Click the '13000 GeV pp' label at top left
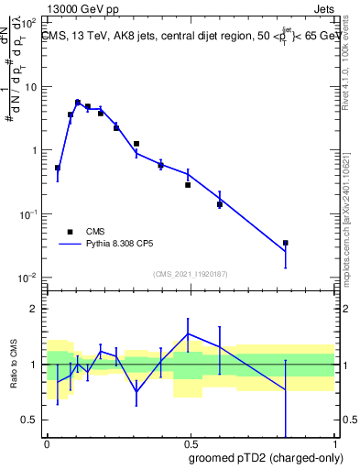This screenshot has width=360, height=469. (x=81, y=7)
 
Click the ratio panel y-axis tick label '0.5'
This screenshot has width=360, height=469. (x=29, y=420)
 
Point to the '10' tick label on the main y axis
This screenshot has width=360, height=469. (x=30, y=87)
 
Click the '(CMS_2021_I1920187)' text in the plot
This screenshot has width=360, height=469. (x=190, y=273)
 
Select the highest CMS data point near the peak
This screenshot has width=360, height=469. (x=78, y=103)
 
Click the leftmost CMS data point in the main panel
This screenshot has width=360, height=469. (x=58, y=168)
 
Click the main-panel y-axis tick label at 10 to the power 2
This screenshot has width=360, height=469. (x=30, y=23)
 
